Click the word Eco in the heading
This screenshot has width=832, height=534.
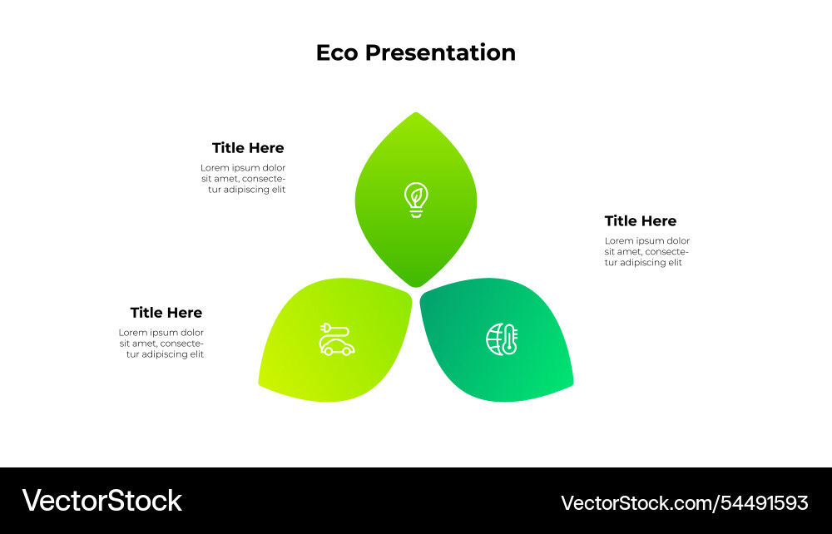(x=338, y=52)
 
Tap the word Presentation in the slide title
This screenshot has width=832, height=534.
(x=440, y=53)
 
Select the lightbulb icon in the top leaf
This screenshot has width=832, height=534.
(x=416, y=200)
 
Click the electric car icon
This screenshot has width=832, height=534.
(x=336, y=339)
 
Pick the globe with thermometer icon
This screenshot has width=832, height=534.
(x=502, y=339)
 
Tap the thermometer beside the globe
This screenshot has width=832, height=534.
(x=510, y=339)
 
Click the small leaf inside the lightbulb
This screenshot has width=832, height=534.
(x=416, y=196)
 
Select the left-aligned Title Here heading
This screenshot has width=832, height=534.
(x=640, y=221)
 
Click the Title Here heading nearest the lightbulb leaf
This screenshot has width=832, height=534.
(x=248, y=148)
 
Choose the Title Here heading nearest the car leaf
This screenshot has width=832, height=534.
(x=166, y=313)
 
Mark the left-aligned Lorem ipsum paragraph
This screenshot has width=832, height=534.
(x=646, y=251)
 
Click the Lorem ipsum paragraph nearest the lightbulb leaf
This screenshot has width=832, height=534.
(x=243, y=179)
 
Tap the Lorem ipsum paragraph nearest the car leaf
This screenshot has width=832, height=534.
(x=161, y=344)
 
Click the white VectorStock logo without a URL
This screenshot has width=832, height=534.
(x=102, y=501)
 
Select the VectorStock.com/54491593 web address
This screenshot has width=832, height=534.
(x=684, y=502)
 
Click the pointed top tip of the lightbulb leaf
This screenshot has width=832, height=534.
(x=416, y=114)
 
